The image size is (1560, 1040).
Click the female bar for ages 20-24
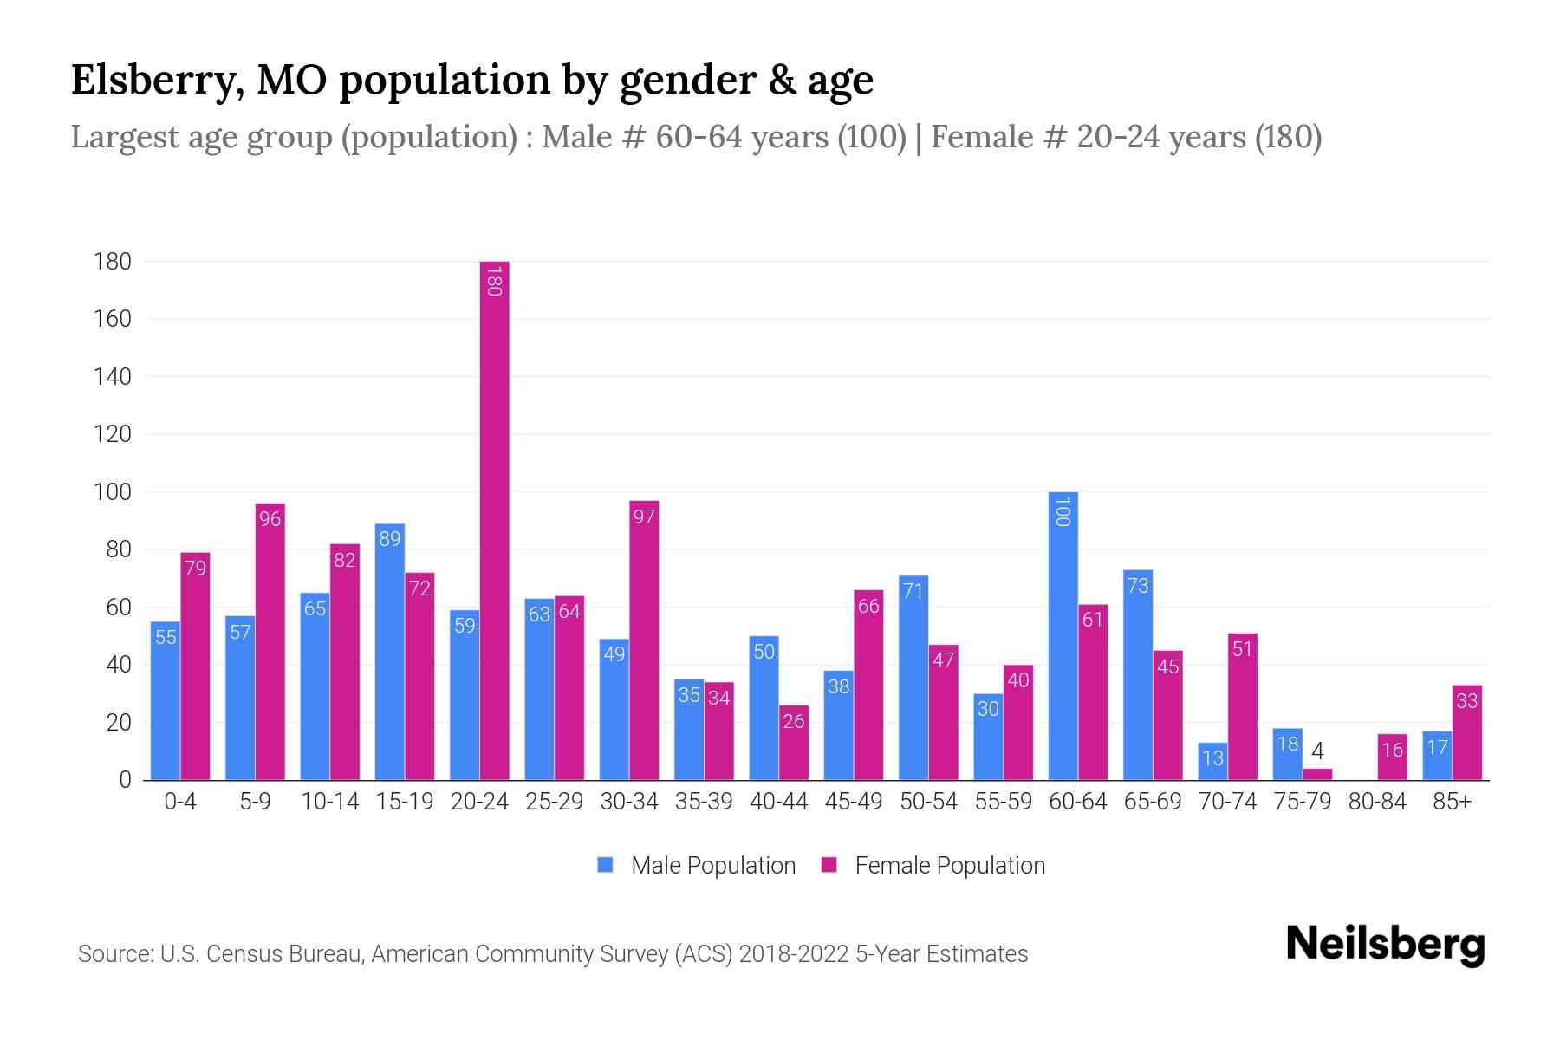(494, 520)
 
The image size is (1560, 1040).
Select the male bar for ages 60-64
(1063, 637)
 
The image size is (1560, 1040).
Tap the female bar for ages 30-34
(644, 641)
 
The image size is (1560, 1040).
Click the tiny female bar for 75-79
(1317, 774)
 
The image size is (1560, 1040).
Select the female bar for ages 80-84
(1392, 757)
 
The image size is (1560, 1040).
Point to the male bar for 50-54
(913, 678)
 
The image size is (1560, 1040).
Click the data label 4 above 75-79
(1317, 751)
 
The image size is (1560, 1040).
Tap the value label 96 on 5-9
(270, 519)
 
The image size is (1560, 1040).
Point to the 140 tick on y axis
(113, 376)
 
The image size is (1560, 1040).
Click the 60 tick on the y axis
(119, 608)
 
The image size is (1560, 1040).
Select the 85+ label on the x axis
(1452, 802)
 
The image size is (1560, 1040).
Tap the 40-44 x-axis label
(778, 802)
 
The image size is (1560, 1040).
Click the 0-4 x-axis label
(180, 802)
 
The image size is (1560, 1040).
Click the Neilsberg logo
(1385, 945)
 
